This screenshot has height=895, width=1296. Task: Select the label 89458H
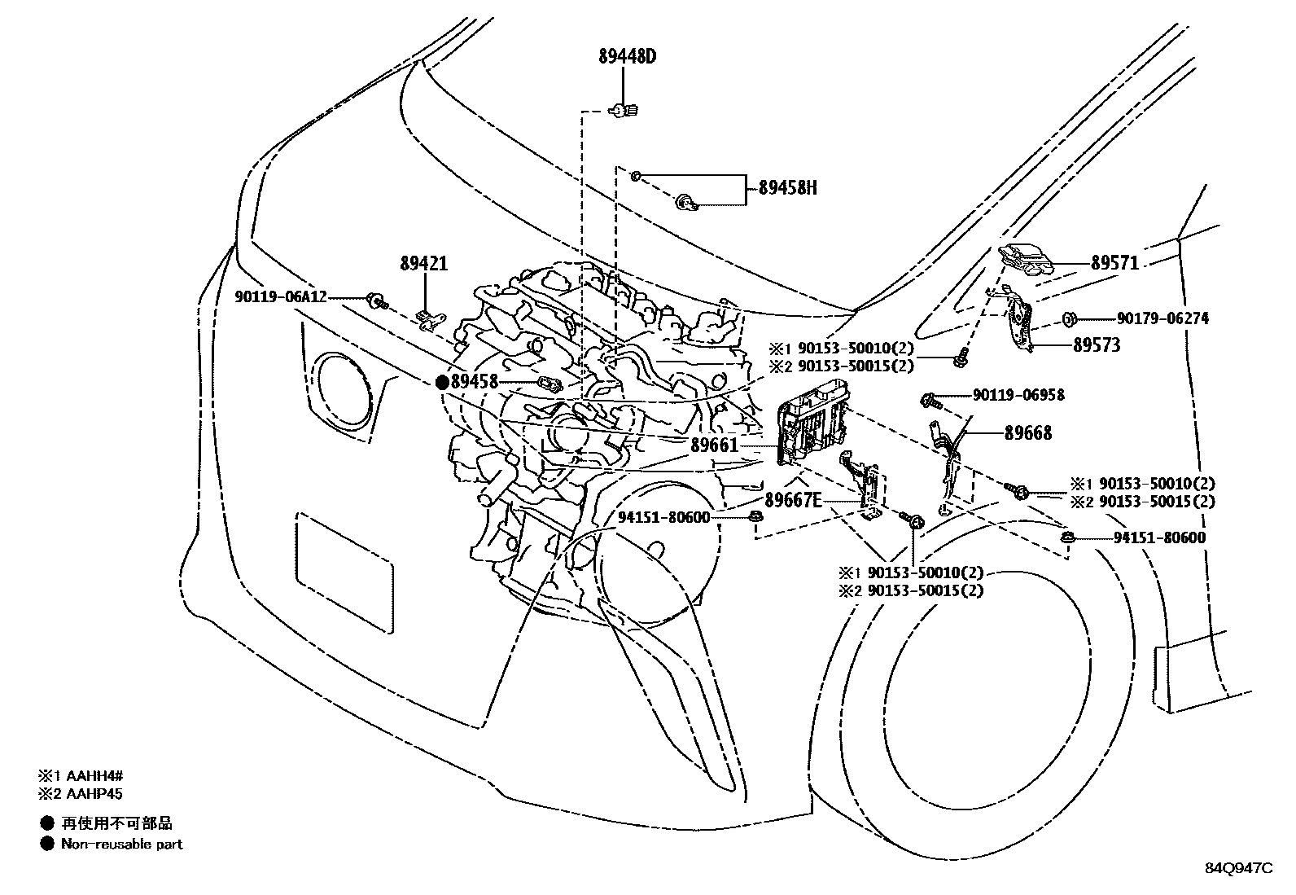(x=787, y=188)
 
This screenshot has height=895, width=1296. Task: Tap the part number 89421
(x=423, y=264)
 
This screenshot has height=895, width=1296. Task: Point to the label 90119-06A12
(x=282, y=297)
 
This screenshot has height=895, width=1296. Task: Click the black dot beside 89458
(x=442, y=381)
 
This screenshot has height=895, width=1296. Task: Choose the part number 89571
(x=1114, y=263)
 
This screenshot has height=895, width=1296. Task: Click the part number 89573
(x=1096, y=345)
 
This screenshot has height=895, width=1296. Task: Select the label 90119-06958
(x=1018, y=396)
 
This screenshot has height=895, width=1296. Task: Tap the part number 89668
(x=1027, y=433)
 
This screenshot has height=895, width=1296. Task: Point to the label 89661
(x=714, y=445)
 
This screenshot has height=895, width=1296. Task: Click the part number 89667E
(x=792, y=500)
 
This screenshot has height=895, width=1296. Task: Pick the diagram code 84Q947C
(x=1238, y=868)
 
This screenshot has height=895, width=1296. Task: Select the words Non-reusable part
(x=122, y=845)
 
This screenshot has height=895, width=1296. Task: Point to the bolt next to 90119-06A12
(x=376, y=301)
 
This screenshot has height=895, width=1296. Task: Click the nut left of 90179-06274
(x=1070, y=318)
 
